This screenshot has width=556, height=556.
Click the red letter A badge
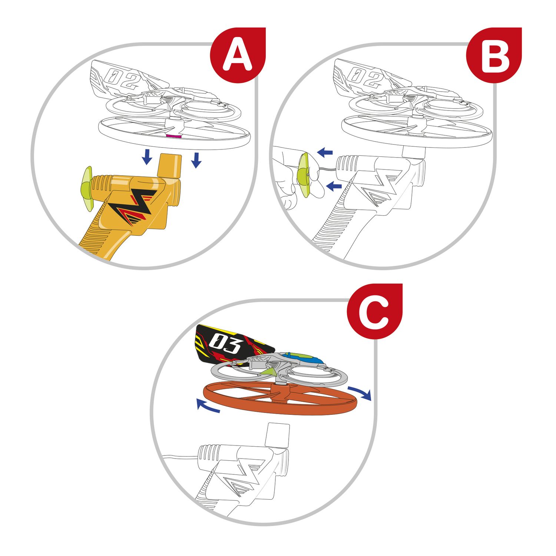coord(238,55)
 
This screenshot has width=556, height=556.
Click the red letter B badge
coord(494,55)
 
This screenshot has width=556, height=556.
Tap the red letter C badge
coord(374,311)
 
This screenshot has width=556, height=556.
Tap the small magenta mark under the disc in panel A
coord(174,137)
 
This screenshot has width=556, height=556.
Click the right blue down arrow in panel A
coord(196,160)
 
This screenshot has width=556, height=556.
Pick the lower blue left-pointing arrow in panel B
coord(335,186)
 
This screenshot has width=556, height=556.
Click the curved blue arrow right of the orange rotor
coord(360,393)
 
